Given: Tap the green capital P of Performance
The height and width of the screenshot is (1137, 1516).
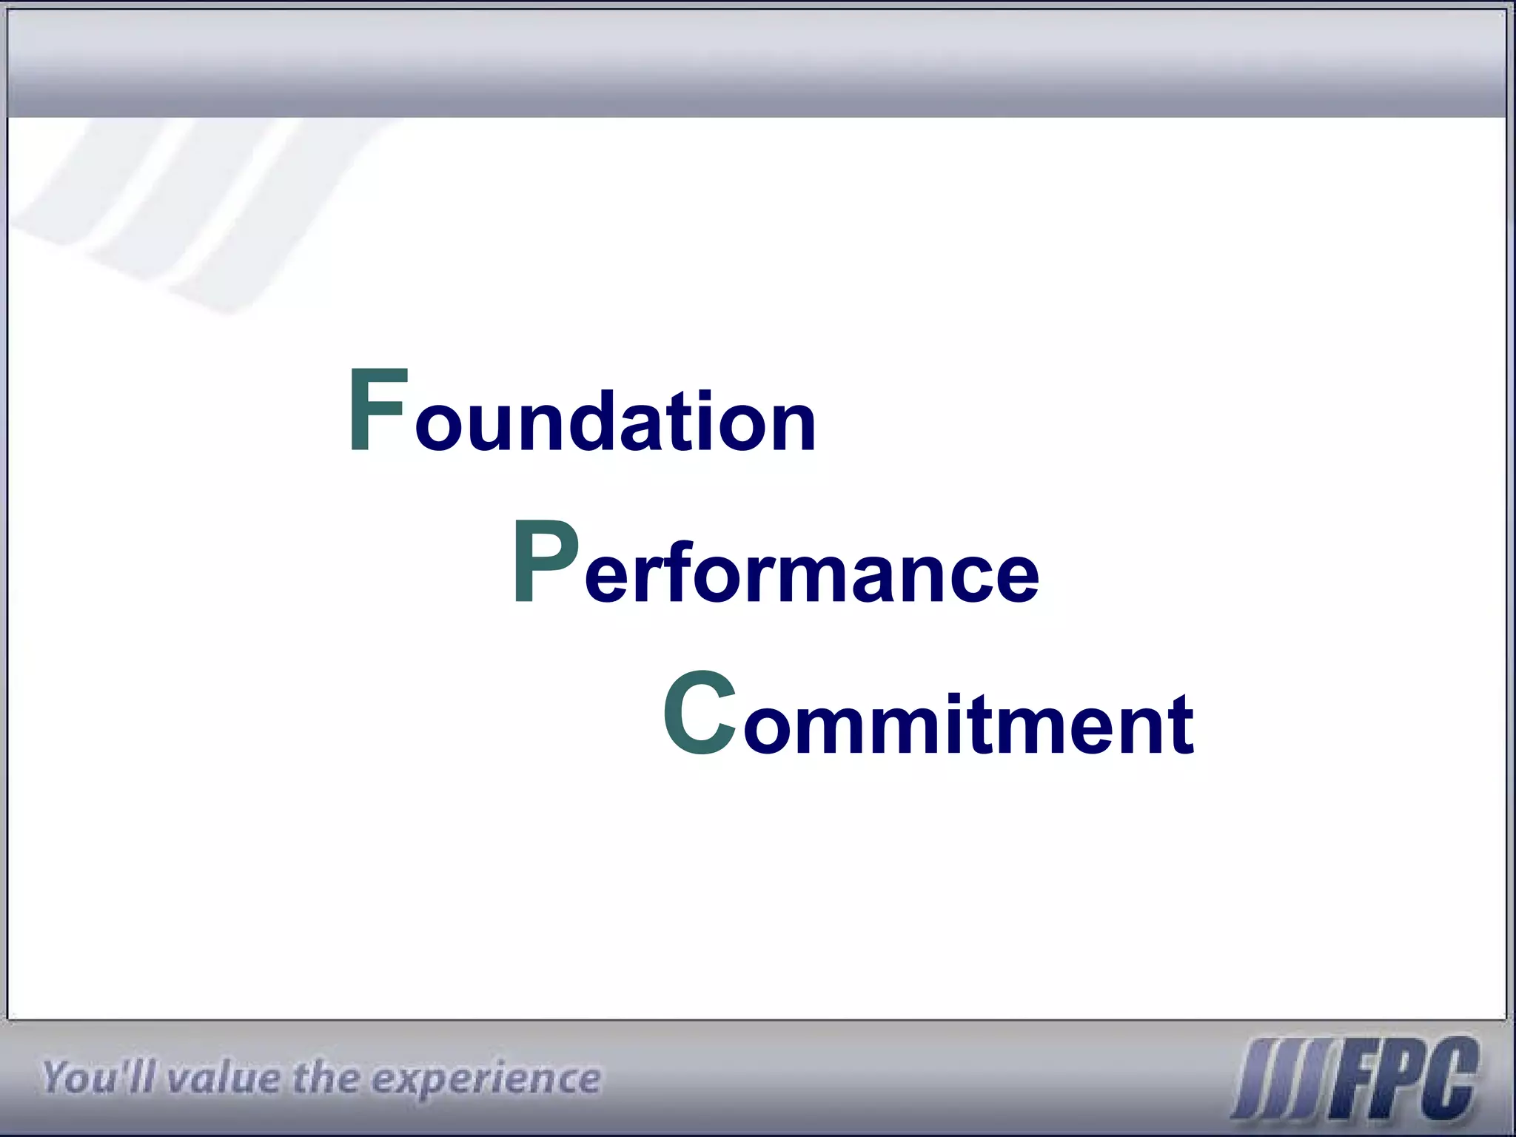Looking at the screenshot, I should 544,563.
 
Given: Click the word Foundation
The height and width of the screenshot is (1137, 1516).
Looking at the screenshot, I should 581,415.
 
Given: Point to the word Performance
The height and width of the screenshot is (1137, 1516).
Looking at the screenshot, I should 776,566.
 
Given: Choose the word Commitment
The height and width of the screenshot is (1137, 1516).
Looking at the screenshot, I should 928,718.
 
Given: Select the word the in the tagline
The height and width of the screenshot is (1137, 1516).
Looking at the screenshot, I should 326,1078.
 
